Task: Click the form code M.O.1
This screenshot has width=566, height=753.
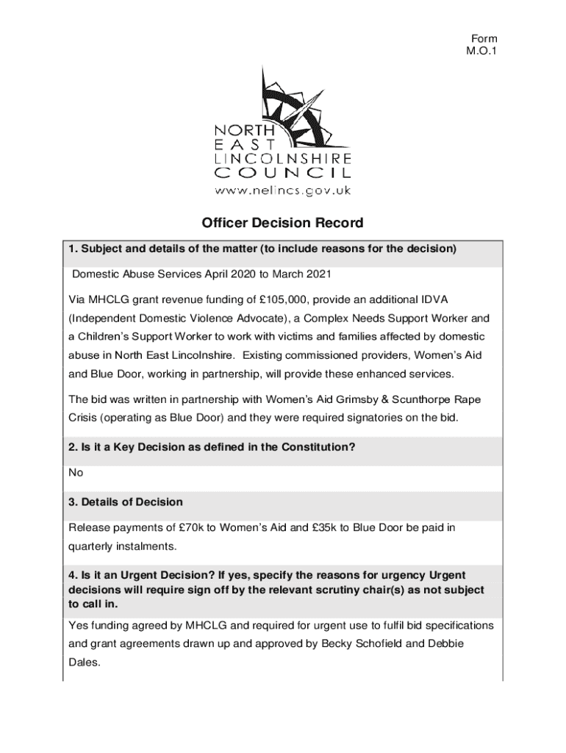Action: pyautogui.click(x=483, y=51)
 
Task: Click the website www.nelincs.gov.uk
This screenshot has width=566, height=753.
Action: pyautogui.click(x=282, y=190)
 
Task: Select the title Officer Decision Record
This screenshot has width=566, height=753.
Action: pyautogui.click(x=283, y=223)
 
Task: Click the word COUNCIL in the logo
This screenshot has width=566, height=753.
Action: pyautogui.click(x=282, y=174)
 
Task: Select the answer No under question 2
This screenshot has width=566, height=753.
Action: pyautogui.click(x=76, y=473)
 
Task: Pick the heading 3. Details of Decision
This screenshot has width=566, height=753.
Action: pyautogui.click(x=126, y=502)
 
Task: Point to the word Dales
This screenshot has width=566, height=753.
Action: pyautogui.click(x=83, y=661)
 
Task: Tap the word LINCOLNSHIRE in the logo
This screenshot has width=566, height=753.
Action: pyautogui.click(x=282, y=158)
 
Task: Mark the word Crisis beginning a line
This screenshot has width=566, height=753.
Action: pyautogui.click(x=84, y=418)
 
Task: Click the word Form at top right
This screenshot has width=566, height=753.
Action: pyautogui.click(x=484, y=39)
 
